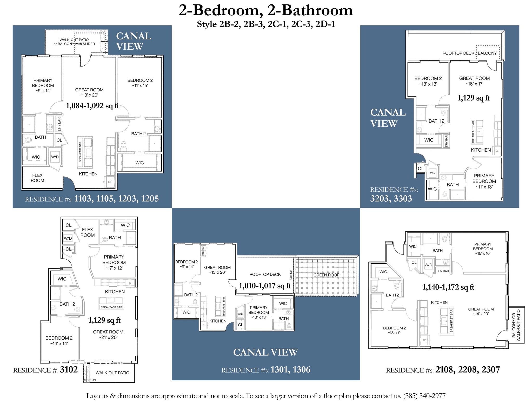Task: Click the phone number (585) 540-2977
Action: (424, 396)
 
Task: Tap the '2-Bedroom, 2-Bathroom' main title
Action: (266, 11)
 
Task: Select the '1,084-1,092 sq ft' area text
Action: (92, 106)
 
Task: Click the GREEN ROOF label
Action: (326, 275)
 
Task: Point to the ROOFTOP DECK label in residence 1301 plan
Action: (265, 274)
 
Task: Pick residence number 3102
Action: (69, 370)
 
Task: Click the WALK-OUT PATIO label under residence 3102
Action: (112, 373)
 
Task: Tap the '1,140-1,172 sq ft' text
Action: (448, 287)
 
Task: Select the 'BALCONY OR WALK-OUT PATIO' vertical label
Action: (516, 325)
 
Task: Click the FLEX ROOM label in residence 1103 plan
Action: (37, 178)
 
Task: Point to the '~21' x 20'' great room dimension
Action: (108, 337)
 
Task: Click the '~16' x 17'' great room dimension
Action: (474, 84)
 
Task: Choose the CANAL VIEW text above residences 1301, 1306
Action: (265, 352)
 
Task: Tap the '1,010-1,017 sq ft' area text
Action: (264, 286)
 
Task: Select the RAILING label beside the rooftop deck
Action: (291, 275)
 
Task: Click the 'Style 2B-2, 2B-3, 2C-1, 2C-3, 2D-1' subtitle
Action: (266, 24)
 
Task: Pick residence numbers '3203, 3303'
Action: (391, 199)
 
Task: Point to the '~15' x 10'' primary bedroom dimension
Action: (483, 253)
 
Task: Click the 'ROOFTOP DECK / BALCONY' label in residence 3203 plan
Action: (469, 53)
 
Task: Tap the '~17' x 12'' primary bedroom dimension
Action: (114, 268)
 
